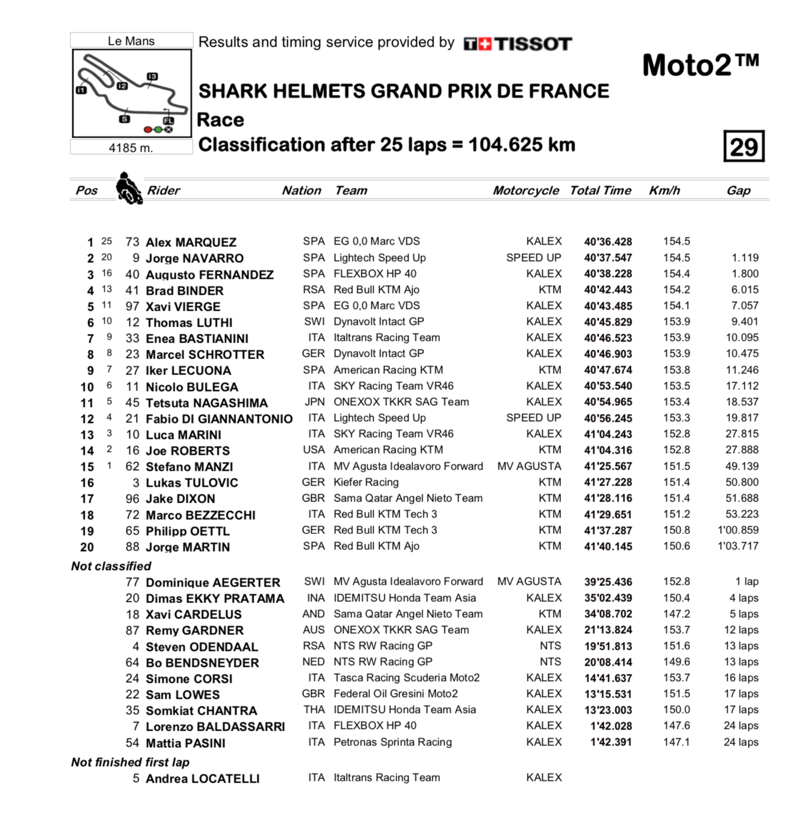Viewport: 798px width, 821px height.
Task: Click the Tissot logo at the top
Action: [518, 44]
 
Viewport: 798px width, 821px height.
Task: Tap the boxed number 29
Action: [744, 146]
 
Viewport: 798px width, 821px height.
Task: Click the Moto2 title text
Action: [700, 65]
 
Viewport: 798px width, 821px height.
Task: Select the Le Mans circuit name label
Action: [131, 41]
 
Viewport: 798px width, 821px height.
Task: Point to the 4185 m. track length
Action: [131, 148]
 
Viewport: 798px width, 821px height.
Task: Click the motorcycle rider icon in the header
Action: [128, 188]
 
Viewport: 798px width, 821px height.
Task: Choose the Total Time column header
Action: [600, 190]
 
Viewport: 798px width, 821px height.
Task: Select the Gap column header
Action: [738, 190]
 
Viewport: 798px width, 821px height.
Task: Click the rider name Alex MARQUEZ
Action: [191, 242]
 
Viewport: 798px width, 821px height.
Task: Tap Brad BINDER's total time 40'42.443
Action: [608, 290]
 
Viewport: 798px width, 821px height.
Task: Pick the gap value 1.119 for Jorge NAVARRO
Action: [744, 258]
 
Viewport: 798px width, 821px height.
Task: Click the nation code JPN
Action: [314, 402]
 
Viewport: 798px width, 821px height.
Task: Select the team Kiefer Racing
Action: [366, 482]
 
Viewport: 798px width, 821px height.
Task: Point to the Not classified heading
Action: [111, 566]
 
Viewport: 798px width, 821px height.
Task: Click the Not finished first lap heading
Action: [130, 762]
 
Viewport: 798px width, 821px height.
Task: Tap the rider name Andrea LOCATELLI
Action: [202, 778]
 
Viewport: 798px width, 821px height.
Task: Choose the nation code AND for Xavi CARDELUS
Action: [313, 614]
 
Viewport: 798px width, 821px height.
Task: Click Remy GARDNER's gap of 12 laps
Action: [741, 630]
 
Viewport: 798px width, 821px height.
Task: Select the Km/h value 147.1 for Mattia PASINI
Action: [676, 742]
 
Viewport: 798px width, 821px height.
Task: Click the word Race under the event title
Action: [220, 119]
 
